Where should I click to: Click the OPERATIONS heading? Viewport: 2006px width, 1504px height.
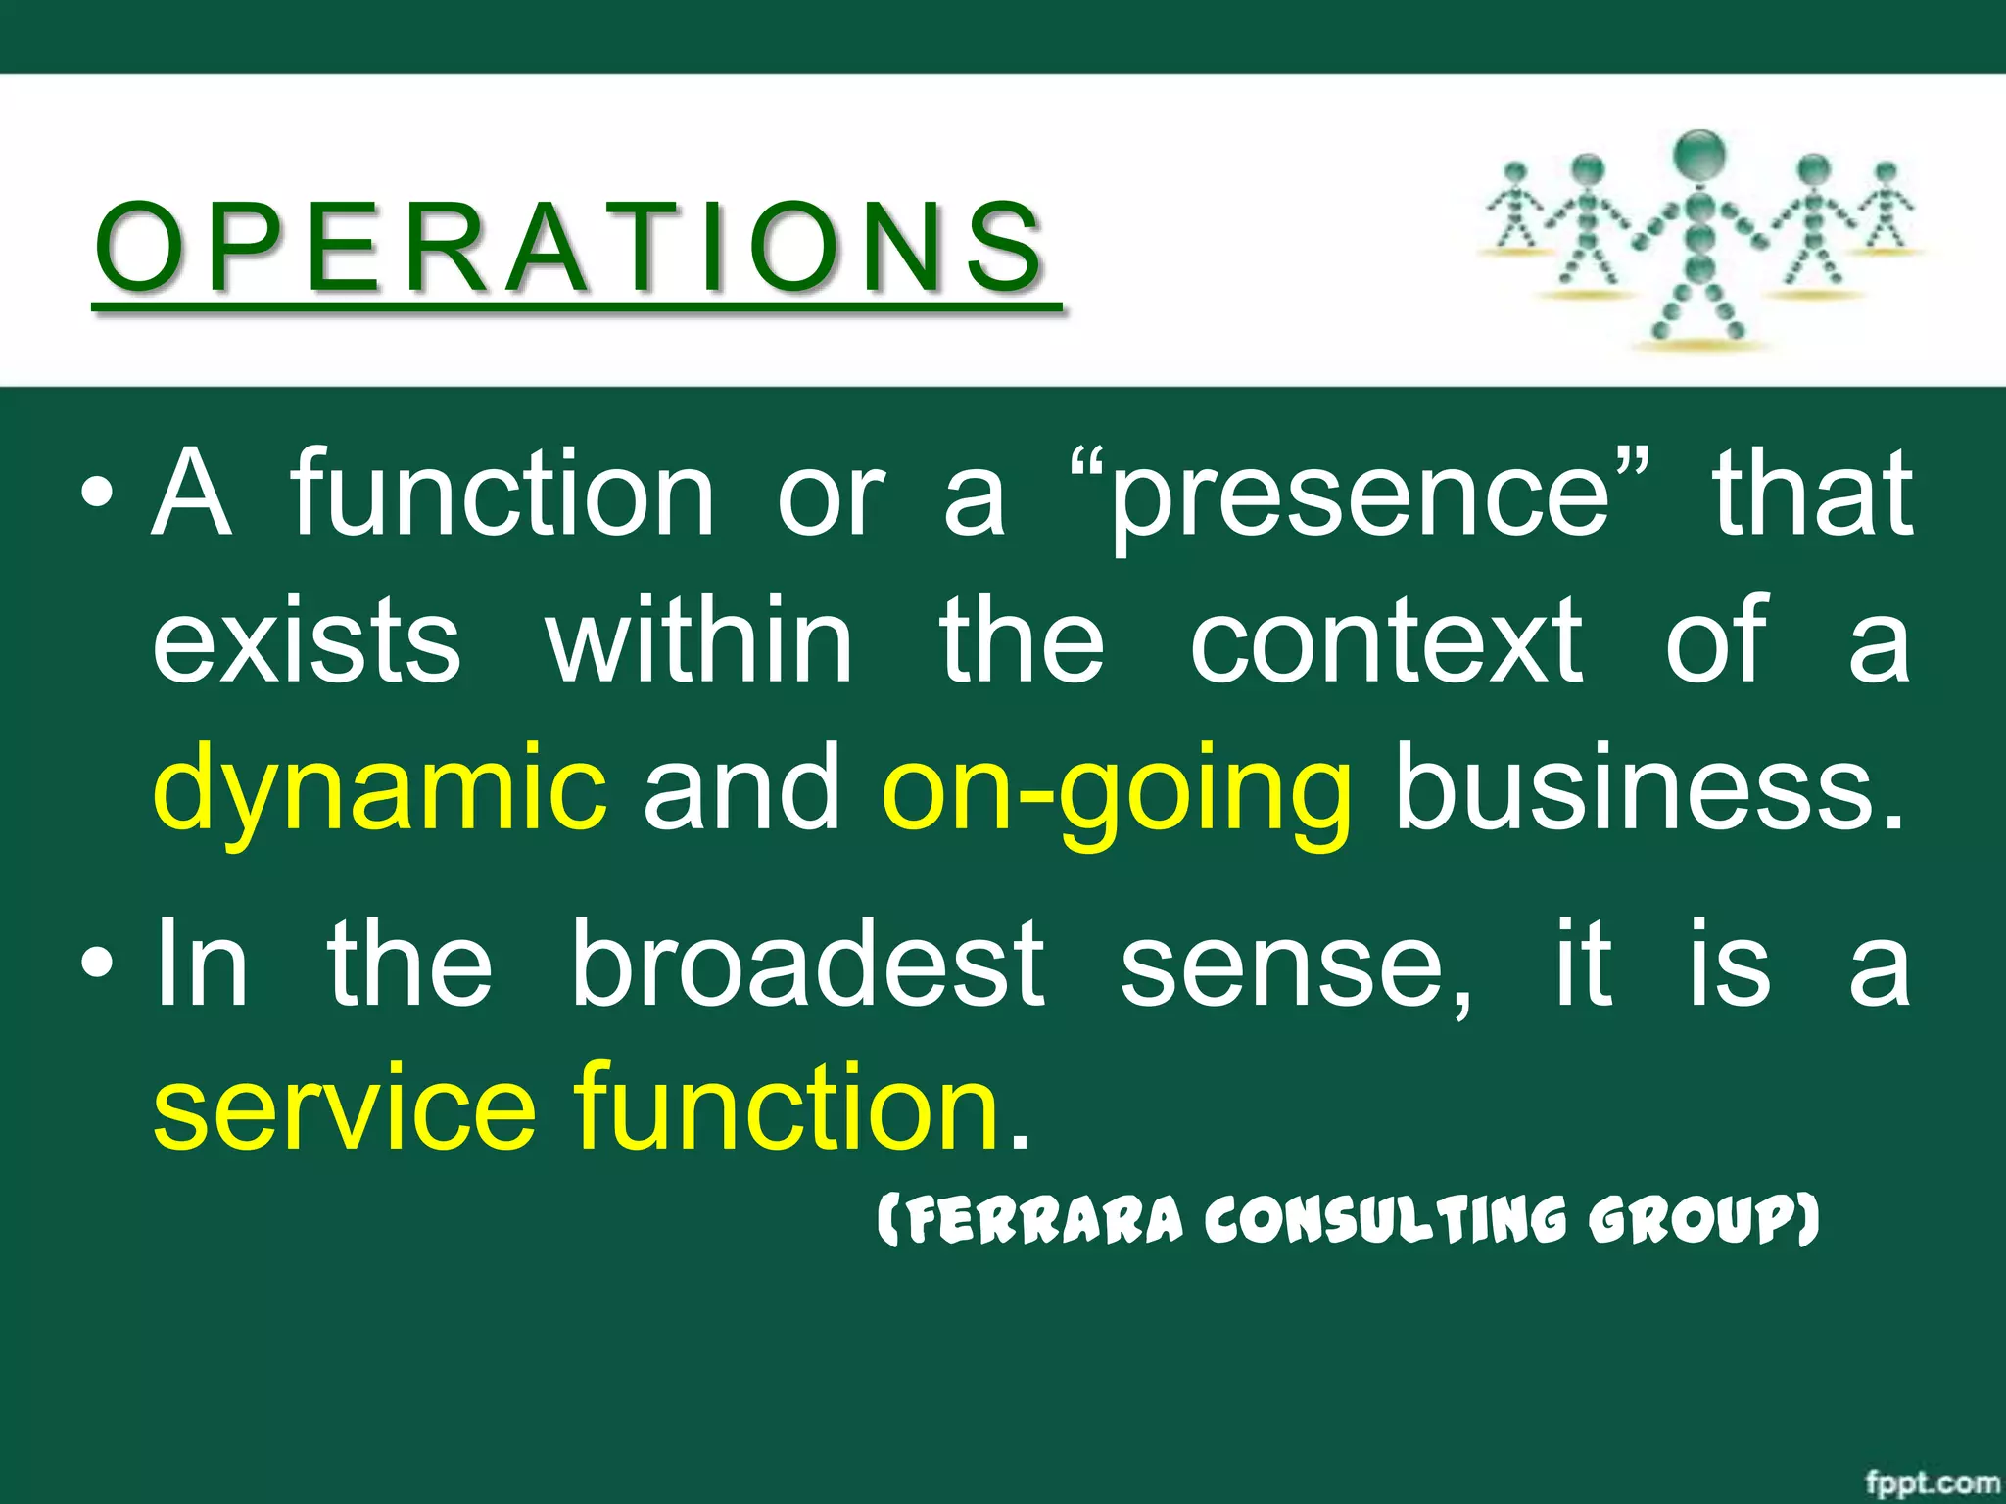coord(573,247)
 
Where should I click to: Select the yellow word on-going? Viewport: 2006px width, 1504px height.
coord(1117,788)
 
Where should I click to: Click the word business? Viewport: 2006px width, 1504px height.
coord(1650,783)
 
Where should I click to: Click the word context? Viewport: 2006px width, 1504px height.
coord(1386,641)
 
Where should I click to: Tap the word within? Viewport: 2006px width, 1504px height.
coord(699,641)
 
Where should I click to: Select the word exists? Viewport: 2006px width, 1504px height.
coord(307,641)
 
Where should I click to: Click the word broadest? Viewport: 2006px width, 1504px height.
coord(808,964)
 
